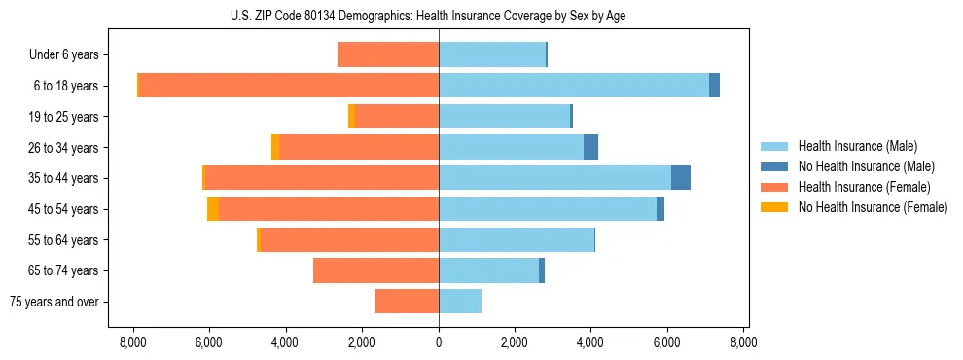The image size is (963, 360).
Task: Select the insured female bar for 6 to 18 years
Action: click(289, 86)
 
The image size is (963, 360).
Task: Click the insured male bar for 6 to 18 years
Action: click(574, 86)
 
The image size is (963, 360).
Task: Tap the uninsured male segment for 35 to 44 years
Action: click(681, 178)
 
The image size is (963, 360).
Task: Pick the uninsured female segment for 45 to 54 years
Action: click(213, 209)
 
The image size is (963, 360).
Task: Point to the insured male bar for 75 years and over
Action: click(460, 302)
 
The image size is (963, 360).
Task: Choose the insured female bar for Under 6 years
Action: click(388, 54)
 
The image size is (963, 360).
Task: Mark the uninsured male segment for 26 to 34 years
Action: click(590, 147)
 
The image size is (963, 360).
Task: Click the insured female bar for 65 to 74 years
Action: click(375, 270)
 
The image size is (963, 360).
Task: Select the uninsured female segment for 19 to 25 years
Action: click(352, 117)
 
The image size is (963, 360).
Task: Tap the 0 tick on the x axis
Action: click(439, 342)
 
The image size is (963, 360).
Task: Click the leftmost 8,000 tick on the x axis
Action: click(133, 342)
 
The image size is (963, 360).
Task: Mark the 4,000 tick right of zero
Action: click(591, 342)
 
